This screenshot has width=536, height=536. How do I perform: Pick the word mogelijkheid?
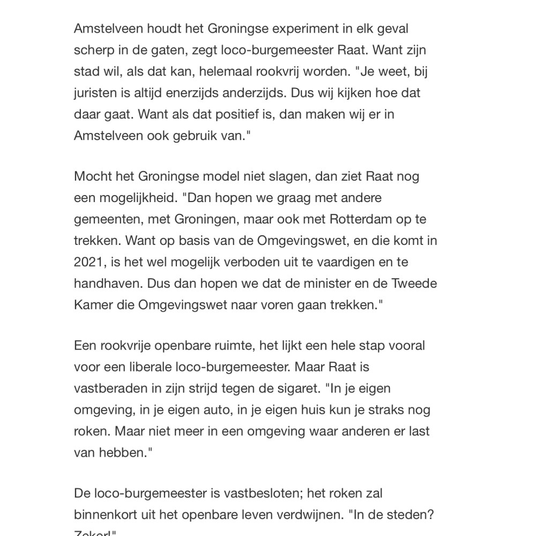coord(136,198)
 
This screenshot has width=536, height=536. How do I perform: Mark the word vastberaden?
coord(113,389)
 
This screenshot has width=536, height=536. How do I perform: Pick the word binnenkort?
coord(109,515)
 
